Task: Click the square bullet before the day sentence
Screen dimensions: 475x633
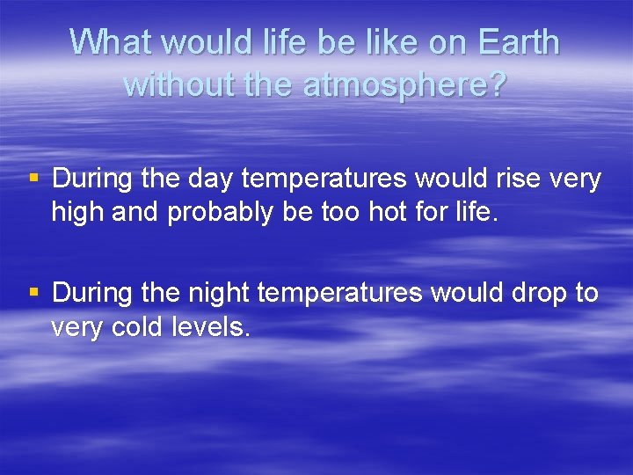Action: point(34,179)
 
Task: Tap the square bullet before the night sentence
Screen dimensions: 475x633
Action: point(34,293)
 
